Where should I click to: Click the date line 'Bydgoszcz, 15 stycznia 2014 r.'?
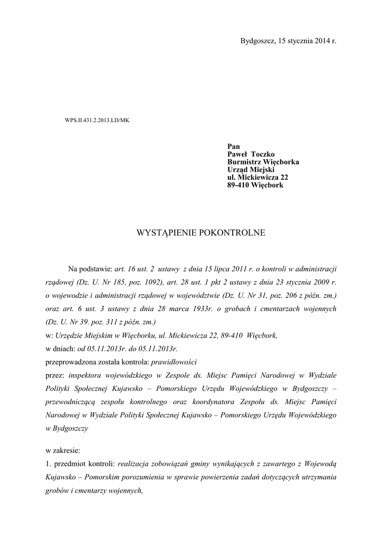coord(288,41)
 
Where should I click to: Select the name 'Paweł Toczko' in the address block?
coord(251,154)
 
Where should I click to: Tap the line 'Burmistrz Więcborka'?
coord(263,162)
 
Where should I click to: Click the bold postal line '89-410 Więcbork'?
coord(255,185)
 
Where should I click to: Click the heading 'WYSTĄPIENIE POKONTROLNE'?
coord(201,232)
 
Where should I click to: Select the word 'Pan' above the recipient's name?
coord(233,146)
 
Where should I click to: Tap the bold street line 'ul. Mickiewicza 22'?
coord(257,178)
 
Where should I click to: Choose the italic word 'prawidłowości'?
coord(174,362)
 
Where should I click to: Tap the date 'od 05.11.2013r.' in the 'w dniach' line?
coord(103,349)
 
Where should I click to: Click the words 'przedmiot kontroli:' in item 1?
coord(85,464)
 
